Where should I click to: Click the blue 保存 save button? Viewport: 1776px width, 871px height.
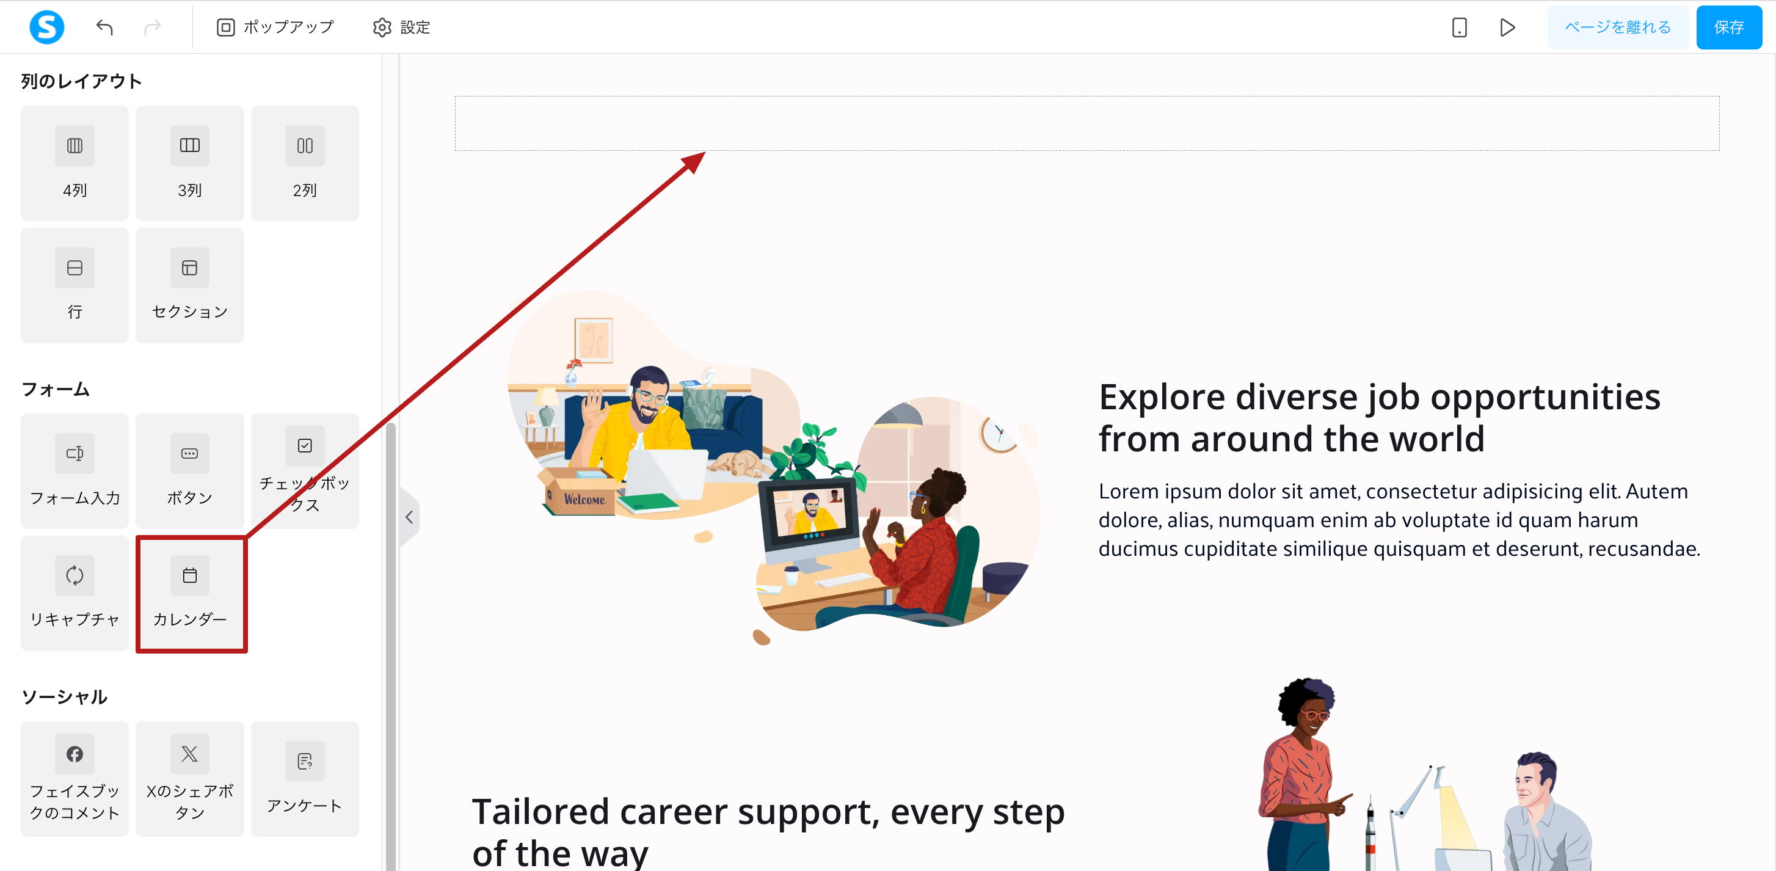pyautogui.click(x=1728, y=27)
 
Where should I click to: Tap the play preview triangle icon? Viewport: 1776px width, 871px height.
pyautogui.click(x=1507, y=27)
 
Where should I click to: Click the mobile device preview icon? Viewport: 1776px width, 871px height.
pyautogui.click(x=1459, y=27)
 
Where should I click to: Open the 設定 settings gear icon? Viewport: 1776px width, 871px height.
pyautogui.click(x=382, y=27)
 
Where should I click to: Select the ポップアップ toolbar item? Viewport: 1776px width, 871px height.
pyautogui.click(x=275, y=27)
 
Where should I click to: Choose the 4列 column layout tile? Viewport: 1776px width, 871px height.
pyautogui.click(x=75, y=164)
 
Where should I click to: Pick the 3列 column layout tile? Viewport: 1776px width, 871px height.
pyautogui.click(x=189, y=164)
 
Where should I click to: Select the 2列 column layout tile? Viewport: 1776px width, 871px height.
pyautogui.click(x=305, y=164)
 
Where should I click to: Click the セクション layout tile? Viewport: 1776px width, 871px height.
pyautogui.click(x=189, y=285)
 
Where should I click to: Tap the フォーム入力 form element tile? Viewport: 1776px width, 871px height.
pyautogui.click(x=75, y=472)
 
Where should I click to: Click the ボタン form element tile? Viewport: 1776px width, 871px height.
pyautogui.click(x=189, y=472)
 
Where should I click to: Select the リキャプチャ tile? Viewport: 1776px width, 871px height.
pyautogui.click(x=75, y=594)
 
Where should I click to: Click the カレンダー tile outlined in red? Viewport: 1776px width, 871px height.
pyautogui.click(x=191, y=594)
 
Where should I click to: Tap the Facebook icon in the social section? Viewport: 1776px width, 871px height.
pyautogui.click(x=75, y=754)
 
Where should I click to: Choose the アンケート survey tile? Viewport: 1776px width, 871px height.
pyautogui.click(x=305, y=779)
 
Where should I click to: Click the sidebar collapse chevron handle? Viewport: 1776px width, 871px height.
pyautogui.click(x=410, y=517)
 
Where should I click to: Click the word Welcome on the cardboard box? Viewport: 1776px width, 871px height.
pyautogui.click(x=584, y=499)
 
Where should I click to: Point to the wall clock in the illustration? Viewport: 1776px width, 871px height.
pyautogui.click(x=999, y=435)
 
